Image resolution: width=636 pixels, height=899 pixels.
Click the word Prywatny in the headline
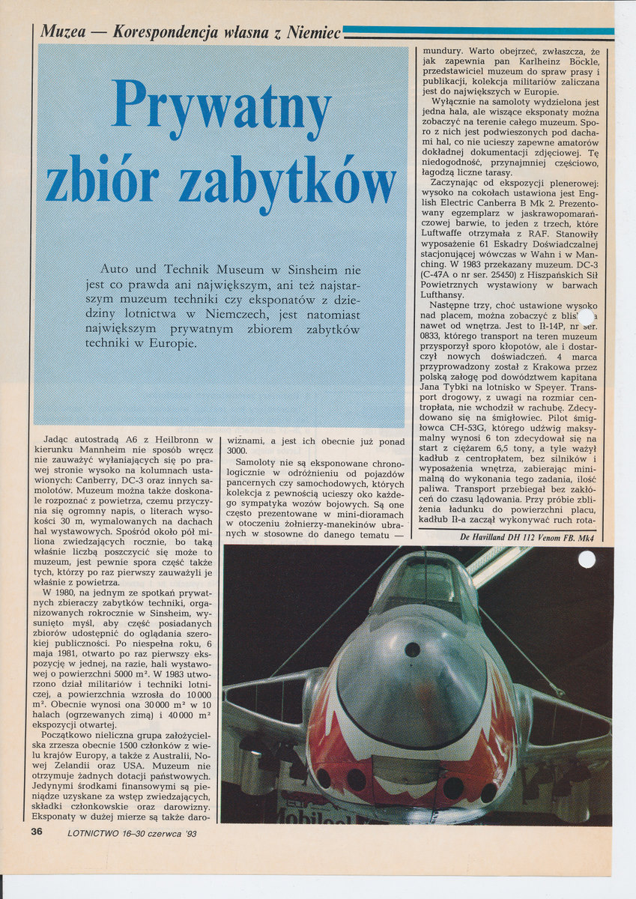(x=222, y=106)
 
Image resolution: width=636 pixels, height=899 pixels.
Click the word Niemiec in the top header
(x=314, y=32)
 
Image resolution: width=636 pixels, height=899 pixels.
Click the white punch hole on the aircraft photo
(x=587, y=559)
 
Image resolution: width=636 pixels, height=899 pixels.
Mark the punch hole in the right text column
(x=585, y=317)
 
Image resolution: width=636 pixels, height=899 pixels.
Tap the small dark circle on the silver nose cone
(x=412, y=650)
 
